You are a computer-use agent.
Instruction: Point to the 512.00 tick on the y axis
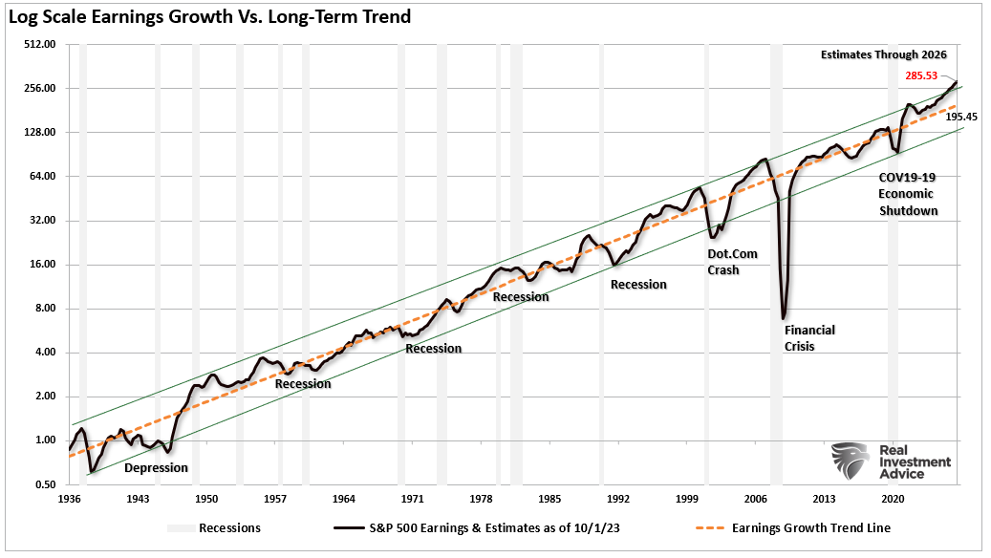[x=40, y=44]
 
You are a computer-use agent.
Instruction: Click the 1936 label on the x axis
[x=69, y=499]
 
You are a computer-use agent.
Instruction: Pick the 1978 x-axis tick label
[x=481, y=499]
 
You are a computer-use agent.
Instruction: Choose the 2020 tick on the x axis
[x=893, y=499]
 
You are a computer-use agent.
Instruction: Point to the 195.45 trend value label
[x=962, y=117]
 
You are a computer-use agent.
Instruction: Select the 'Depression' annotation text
[x=157, y=468]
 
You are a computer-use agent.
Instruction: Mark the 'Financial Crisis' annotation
[x=809, y=338]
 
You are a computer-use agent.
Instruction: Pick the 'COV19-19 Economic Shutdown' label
[x=908, y=194]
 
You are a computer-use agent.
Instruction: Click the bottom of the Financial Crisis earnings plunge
[x=784, y=318]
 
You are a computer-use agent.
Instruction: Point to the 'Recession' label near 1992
[x=638, y=284]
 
